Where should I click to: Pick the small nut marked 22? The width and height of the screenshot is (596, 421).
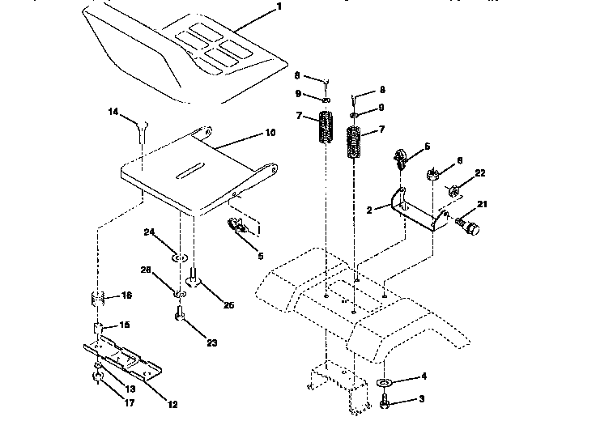(x=453, y=191)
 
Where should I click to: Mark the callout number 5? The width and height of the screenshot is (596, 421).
(x=260, y=257)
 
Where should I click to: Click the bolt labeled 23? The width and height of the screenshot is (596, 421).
(x=179, y=315)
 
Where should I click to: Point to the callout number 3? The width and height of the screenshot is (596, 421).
(x=422, y=399)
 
